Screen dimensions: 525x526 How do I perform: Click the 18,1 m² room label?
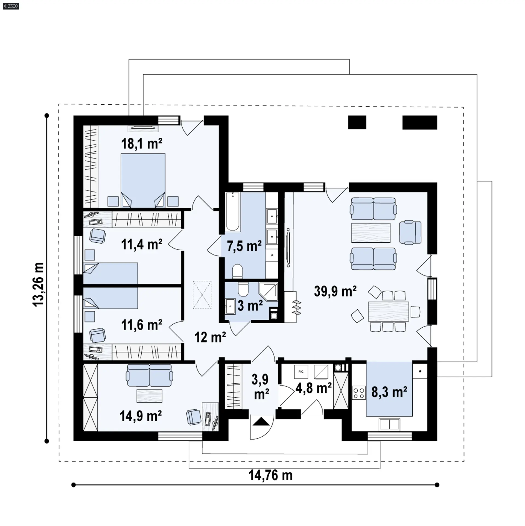(142, 144)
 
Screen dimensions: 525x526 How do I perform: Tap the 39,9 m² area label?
(335, 291)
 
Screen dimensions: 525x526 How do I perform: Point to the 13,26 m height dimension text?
(39, 284)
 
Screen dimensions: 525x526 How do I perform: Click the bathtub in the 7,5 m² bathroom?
(233, 212)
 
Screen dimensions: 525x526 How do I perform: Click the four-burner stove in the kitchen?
(359, 393)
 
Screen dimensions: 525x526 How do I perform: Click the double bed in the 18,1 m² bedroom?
(143, 180)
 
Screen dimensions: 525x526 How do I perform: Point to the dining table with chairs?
(388, 311)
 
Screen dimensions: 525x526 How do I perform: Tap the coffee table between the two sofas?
(371, 233)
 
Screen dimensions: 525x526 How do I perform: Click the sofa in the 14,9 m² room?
(149, 375)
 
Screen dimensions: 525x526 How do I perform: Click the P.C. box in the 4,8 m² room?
(301, 372)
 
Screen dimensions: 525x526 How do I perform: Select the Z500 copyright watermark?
(11, 6)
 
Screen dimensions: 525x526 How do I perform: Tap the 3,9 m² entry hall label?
(261, 387)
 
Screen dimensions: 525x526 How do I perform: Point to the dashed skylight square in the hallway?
(202, 295)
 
